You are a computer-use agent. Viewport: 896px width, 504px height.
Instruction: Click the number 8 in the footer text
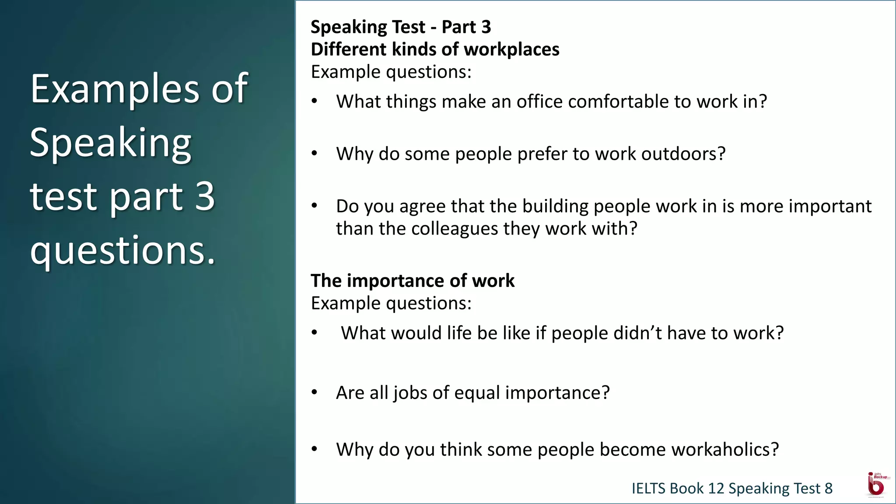(x=828, y=488)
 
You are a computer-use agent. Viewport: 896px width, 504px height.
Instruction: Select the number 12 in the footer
(x=716, y=488)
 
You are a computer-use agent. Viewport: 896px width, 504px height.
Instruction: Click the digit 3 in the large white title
(x=205, y=196)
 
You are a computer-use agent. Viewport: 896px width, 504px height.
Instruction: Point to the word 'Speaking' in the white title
(x=110, y=143)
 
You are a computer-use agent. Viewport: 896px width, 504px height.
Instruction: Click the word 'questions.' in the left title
(x=122, y=250)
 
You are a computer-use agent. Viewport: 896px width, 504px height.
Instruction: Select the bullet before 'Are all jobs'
(x=314, y=392)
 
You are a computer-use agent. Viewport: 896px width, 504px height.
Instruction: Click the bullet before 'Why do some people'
(x=314, y=154)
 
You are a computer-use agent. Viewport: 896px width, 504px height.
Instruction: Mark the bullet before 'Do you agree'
(x=314, y=206)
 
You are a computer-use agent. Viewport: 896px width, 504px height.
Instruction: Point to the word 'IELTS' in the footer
(x=648, y=488)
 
